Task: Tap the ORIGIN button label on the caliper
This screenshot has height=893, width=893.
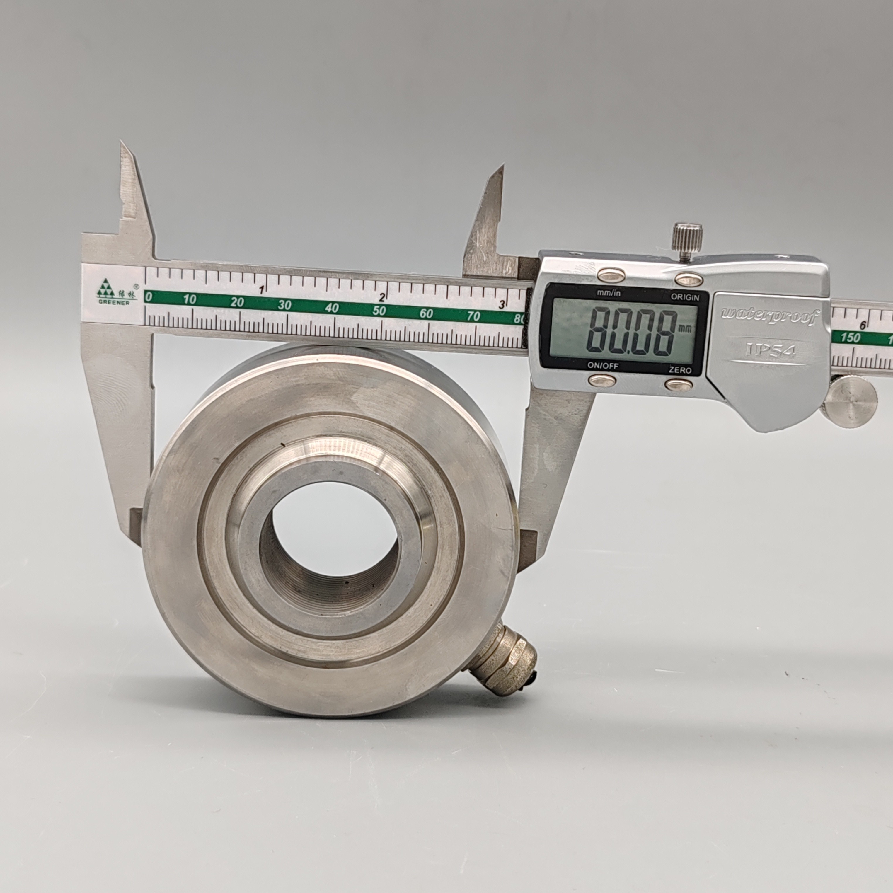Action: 685,297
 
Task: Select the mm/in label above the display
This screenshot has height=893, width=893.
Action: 609,293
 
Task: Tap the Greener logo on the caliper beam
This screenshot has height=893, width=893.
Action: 115,291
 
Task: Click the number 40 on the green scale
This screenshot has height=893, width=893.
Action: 332,308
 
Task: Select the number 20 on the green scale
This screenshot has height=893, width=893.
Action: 237,302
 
